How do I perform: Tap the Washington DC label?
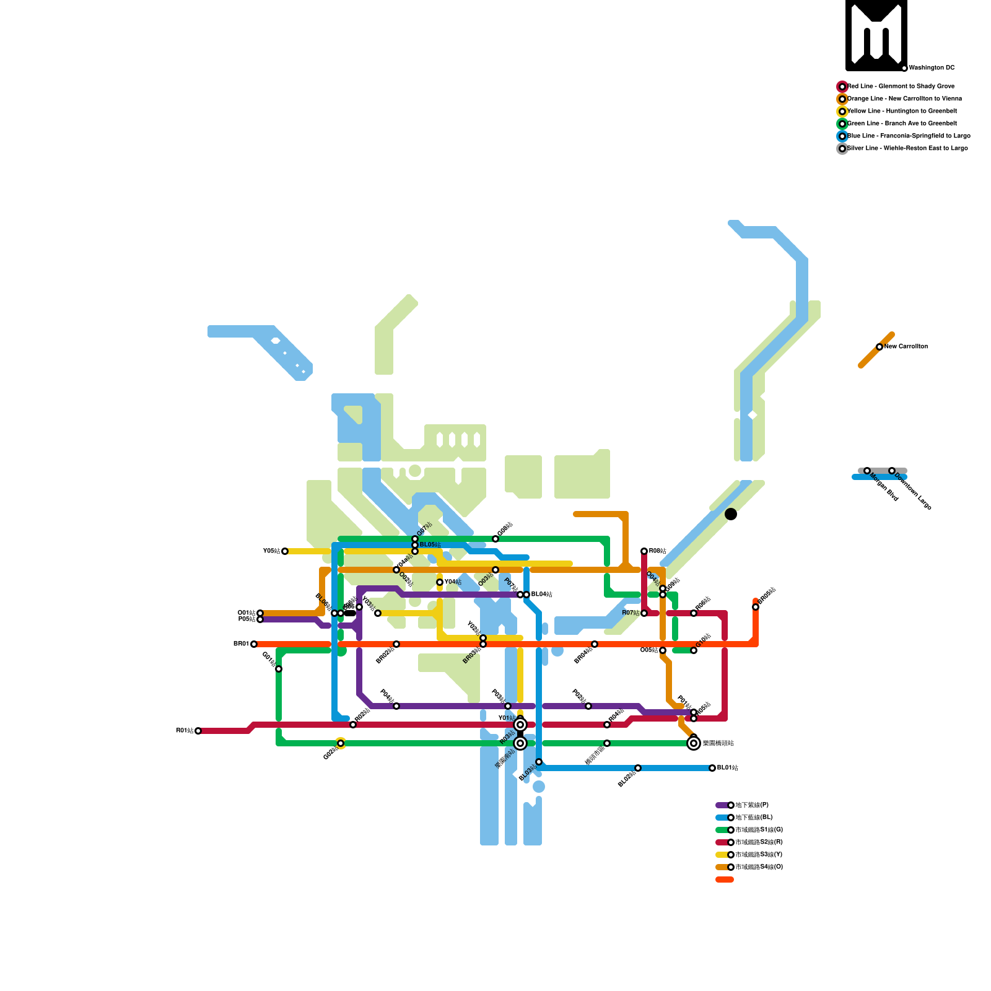click(x=932, y=68)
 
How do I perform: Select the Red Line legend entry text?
click(x=901, y=87)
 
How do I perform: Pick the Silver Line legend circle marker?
click(x=842, y=149)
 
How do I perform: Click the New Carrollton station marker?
click(x=880, y=347)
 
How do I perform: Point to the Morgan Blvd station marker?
click(x=867, y=471)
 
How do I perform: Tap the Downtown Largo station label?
click(x=914, y=492)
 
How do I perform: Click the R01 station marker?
click(x=198, y=731)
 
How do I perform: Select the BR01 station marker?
click(x=254, y=644)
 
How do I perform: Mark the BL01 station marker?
click(x=712, y=768)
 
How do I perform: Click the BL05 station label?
click(x=430, y=545)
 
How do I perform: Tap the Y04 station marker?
click(x=440, y=582)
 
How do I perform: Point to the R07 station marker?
click(x=644, y=613)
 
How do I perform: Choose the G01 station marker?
click(x=279, y=669)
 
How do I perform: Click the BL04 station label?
click(x=541, y=595)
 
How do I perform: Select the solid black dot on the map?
click(x=731, y=514)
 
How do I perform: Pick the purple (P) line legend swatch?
click(x=722, y=805)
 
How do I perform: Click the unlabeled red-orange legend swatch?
click(x=725, y=880)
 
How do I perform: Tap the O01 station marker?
click(x=260, y=613)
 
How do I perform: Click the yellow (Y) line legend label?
click(x=759, y=855)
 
